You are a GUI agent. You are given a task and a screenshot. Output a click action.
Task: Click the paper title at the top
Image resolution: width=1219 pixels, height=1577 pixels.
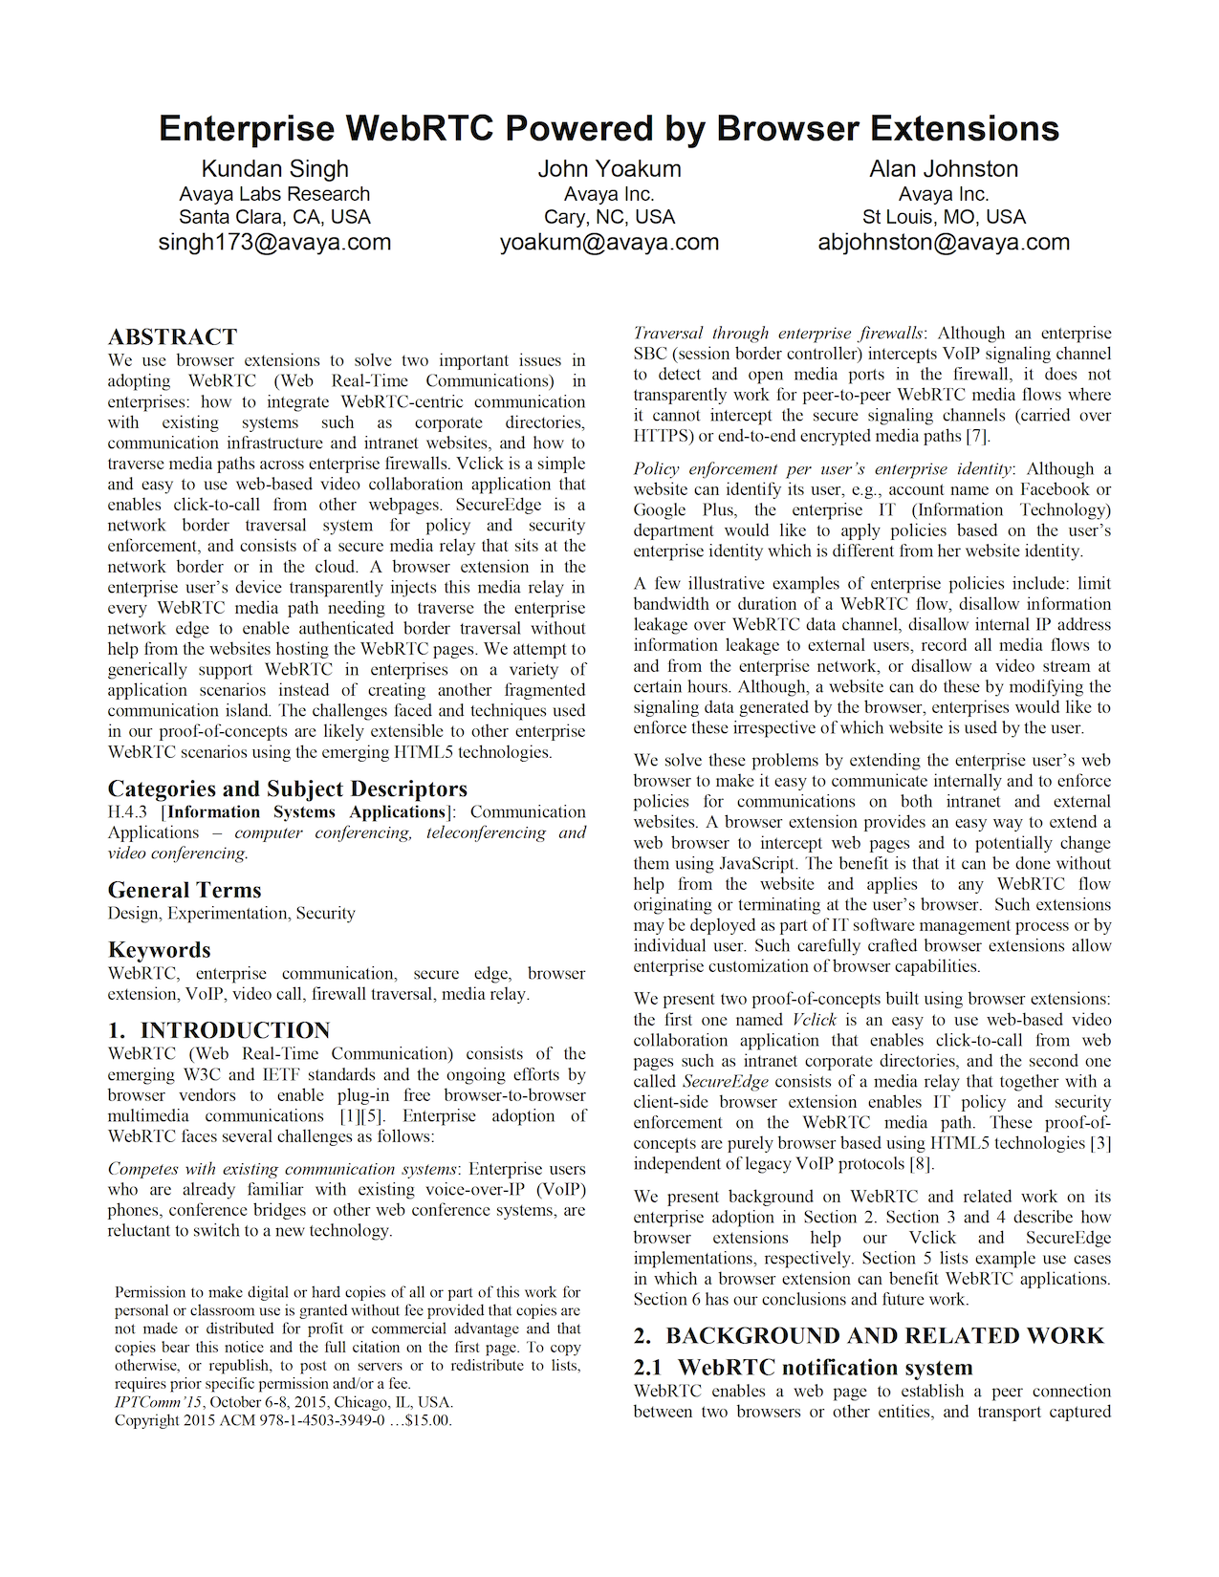[x=609, y=128]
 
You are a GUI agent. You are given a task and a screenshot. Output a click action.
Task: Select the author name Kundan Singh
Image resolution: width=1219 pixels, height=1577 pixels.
[x=275, y=169]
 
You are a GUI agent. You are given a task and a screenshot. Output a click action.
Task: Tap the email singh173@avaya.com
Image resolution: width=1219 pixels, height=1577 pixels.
[x=275, y=242]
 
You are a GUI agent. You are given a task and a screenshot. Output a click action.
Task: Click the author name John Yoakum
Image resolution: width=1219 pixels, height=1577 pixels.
[x=609, y=169]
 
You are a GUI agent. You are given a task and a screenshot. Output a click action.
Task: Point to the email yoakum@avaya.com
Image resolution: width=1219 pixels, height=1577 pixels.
[x=609, y=242]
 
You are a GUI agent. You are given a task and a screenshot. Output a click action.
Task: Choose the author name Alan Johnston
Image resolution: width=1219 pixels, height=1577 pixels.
[x=944, y=169]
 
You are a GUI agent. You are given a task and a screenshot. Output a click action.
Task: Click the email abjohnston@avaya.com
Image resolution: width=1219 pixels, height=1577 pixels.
[x=944, y=242]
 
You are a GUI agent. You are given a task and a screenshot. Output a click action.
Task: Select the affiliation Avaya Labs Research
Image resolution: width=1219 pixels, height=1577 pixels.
[x=275, y=194]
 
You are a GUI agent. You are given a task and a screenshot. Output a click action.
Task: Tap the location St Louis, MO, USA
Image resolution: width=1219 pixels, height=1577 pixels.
[x=944, y=217]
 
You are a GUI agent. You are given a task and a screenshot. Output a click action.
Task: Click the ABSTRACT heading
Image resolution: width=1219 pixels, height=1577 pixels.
[x=172, y=337]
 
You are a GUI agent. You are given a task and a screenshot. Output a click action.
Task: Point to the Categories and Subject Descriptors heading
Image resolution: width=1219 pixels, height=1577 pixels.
[x=287, y=788]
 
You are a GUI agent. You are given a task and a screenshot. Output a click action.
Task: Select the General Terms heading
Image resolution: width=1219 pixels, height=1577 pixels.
[x=185, y=890]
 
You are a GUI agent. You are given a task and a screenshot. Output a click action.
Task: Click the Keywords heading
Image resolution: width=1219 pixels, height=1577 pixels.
[x=159, y=950]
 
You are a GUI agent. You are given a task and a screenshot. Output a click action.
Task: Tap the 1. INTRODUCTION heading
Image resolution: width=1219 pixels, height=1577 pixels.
[x=219, y=1030]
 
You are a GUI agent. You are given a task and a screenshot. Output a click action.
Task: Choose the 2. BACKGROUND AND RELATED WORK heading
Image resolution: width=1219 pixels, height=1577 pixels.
[x=868, y=1335]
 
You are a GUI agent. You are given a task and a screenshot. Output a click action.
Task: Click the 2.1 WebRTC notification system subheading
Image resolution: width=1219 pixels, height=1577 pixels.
[x=803, y=1368]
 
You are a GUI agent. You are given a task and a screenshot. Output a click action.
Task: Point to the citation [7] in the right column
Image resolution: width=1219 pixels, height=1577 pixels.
[x=976, y=436]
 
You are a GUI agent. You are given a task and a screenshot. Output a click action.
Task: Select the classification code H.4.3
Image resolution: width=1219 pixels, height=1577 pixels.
[x=129, y=812]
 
